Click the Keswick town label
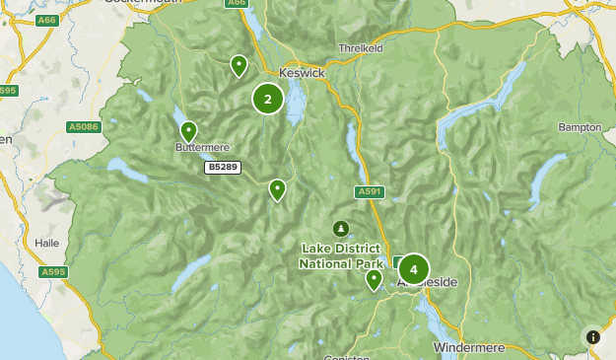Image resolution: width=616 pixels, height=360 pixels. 301,73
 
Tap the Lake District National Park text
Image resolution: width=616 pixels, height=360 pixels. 341,256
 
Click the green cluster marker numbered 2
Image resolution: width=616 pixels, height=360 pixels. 268,99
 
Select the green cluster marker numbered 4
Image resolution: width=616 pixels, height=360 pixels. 413,269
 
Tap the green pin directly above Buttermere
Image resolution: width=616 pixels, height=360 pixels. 188,130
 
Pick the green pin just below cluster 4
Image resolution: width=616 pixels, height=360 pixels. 374,279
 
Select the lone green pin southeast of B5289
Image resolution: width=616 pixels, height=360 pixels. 278,188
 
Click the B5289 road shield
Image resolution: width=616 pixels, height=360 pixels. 222,169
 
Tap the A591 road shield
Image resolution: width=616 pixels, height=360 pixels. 370,192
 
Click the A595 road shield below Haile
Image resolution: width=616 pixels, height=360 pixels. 54,271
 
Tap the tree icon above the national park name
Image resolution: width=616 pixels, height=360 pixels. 341,229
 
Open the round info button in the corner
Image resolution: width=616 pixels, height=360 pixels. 592,337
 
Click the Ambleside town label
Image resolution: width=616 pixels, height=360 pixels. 430,283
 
